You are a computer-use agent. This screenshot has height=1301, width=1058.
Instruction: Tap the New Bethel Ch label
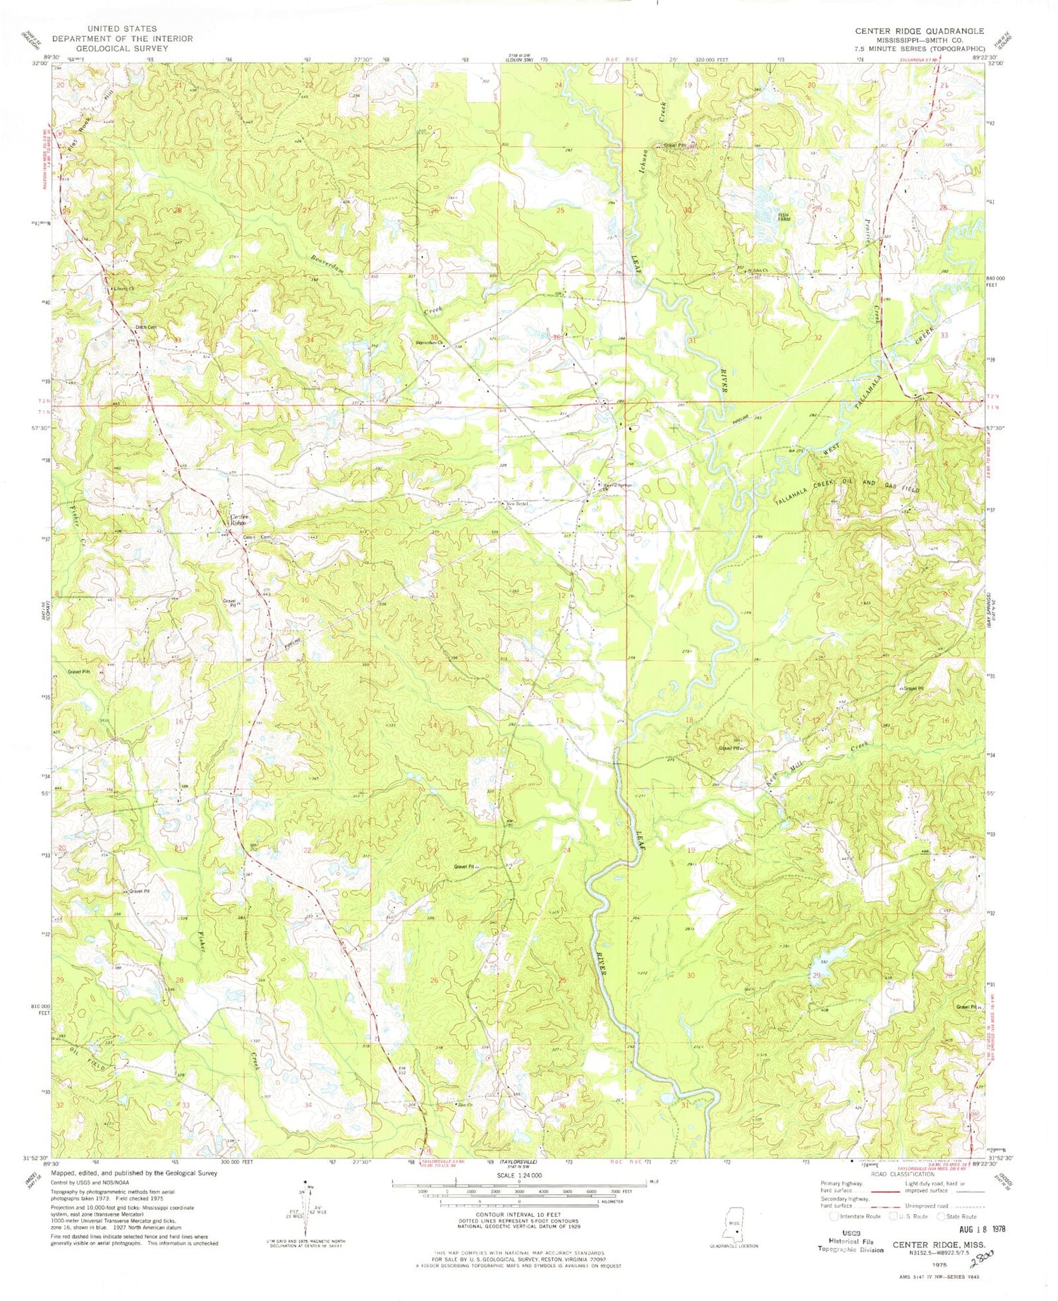(515, 504)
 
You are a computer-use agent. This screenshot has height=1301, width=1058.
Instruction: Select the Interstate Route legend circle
(835, 1216)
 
